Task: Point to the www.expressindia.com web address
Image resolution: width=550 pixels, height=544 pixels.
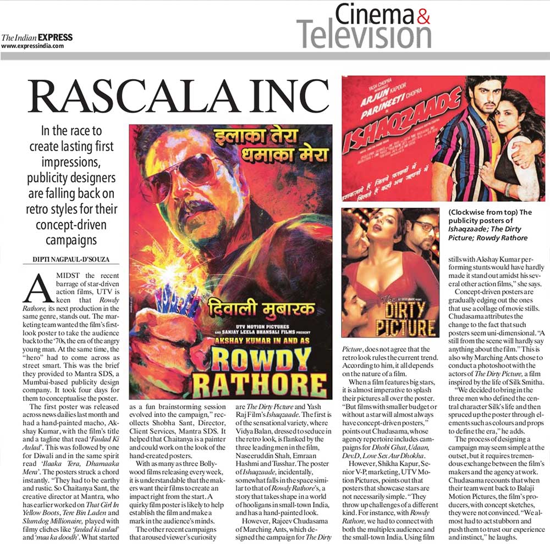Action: click(x=32, y=46)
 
